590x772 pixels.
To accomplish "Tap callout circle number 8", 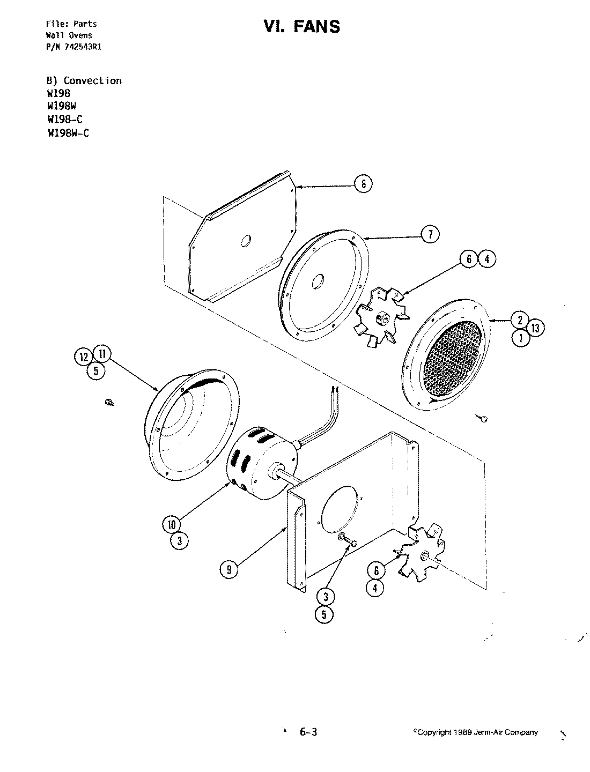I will [x=363, y=184].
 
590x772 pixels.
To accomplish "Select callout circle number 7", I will [x=430, y=234].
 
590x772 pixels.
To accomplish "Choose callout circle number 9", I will [x=229, y=570].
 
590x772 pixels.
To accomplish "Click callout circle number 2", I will [x=520, y=321].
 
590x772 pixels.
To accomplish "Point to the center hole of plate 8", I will [x=246, y=241].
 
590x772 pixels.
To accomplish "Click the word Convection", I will [x=92, y=81].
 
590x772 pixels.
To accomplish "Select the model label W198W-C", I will [x=68, y=133].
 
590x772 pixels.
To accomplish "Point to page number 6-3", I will [x=308, y=732].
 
